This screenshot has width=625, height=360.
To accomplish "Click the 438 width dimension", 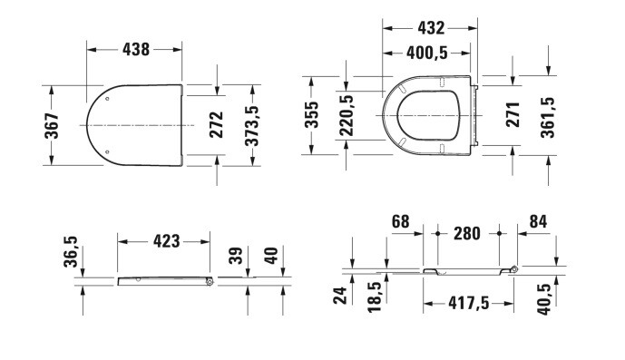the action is point(136,50).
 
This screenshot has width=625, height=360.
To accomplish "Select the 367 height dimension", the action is point(52,125).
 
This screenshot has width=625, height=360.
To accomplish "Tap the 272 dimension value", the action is point(217,125).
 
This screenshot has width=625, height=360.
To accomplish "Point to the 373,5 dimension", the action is point(251,125).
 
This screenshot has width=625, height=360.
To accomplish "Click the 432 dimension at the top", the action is point(431,28).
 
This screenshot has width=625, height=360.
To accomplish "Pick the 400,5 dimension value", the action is point(427,53).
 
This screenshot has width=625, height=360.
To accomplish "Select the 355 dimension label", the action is point(312,115).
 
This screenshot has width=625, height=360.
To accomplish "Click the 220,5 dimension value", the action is point(347,115).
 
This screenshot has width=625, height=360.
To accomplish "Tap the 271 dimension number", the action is point(513,115).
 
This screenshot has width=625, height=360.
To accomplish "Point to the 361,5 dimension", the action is point(548,118).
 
